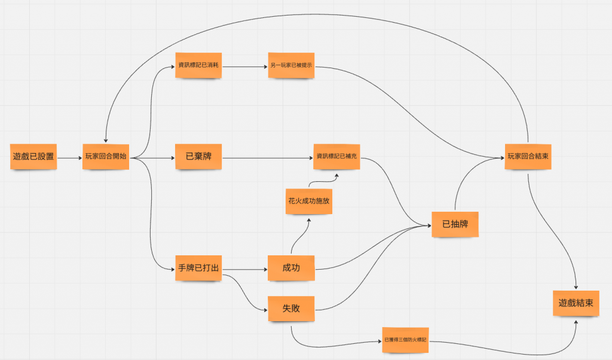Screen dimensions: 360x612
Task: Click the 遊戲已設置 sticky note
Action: (x=33, y=157)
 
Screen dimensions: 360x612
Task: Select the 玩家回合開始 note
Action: (x=106, y=157)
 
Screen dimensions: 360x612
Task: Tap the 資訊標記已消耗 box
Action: (x=198, y=65)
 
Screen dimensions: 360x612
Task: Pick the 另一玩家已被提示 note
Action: (x=291, y=65)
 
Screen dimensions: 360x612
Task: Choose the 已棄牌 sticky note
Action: (x=198, y=157)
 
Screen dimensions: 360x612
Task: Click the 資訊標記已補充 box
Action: (x=337, y=157)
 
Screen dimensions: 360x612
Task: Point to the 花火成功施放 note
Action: (x=308, y=202)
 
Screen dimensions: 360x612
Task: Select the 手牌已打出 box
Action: (x=198, y=269)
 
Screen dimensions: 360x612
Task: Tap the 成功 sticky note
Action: (x=291, y=269)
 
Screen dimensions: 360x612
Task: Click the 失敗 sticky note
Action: (x=291, y=309)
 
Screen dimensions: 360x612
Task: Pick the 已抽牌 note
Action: (x=455, y=224)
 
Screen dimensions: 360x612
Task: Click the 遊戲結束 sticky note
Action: (x=575, y=303)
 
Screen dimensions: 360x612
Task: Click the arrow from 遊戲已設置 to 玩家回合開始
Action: (x=69, y=158)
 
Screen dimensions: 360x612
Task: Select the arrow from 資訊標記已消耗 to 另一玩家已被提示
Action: (x=244, y=66)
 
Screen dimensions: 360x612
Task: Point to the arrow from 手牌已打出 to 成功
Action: (x=244, y=270)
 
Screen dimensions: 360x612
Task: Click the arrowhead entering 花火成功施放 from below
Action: (x=309, y=220)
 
